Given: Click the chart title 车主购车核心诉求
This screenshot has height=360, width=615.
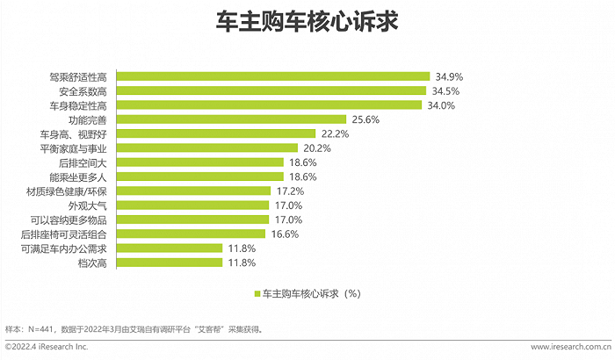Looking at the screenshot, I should tap(307, 24).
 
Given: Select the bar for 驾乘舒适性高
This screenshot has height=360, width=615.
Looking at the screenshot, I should tap(274, 76).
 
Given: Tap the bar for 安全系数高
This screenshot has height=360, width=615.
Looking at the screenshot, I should tap(272, 90).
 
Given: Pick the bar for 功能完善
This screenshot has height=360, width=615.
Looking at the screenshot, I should tap(233, 119).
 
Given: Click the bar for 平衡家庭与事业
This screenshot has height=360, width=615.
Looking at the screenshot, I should tap(208, 148).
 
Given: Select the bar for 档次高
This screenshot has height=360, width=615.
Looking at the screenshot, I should tap(170, 263).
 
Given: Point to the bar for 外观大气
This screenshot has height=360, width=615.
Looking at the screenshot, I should tap(194, 205).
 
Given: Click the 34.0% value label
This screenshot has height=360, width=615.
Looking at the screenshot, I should tap(441, 105).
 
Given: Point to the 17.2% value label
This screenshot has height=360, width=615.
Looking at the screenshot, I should tap(289, 191).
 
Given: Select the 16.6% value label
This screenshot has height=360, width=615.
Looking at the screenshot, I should tap(286, 234).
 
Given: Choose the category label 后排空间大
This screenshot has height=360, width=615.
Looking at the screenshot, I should tap(86, 162).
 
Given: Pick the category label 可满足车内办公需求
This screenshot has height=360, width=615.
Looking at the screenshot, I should tap(63, 248).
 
